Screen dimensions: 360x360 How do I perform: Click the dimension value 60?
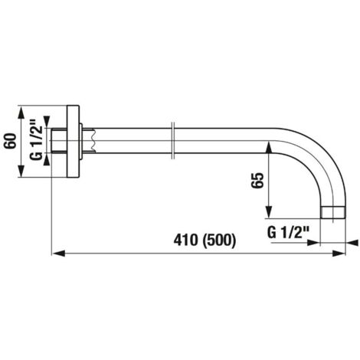[11, 141]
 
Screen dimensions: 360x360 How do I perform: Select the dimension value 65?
[257, 181]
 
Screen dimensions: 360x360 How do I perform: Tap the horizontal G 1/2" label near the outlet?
[288, 233]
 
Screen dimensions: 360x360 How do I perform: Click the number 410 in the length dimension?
[185, 241]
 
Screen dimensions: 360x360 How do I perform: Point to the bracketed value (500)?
[219, 241]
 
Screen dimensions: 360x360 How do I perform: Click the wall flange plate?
[73, 141]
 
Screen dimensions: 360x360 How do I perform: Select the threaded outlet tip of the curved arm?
[333, 212]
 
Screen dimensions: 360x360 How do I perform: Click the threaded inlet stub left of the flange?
[59, 141]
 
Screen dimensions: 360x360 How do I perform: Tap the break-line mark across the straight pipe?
[172, 141]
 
